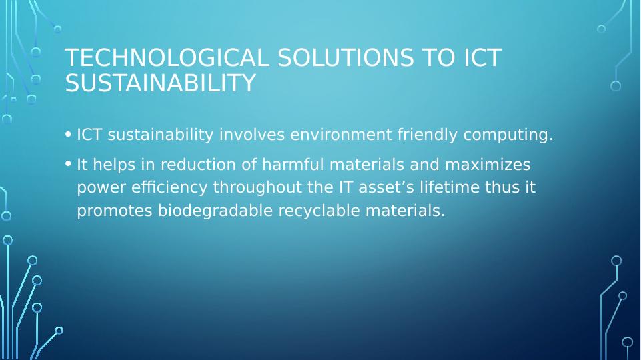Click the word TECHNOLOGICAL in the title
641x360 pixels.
tap(167, 57)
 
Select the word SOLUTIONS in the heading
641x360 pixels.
tap(346, 57)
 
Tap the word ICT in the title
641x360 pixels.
tap(482, 57)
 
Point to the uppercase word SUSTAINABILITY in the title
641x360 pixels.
tap(160, 83)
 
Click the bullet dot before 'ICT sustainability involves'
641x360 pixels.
tap(68, 134)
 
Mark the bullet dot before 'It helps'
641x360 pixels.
tap(68, 164)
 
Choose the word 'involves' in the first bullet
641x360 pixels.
tap(252, 135)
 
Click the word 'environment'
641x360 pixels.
tap(341, 135)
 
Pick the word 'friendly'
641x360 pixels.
tap(427, 135)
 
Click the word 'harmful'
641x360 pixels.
tap(293, 164)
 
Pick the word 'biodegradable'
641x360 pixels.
tap(215, 211)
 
